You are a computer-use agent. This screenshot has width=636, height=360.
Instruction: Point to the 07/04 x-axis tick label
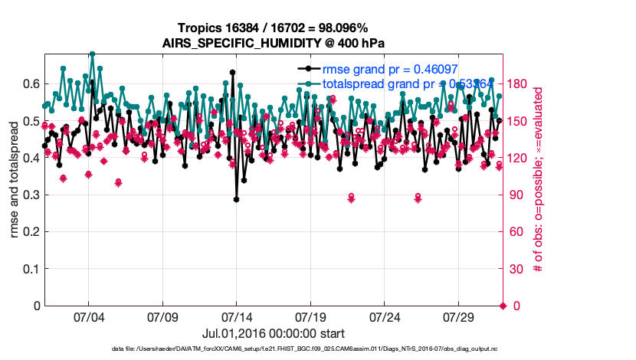pos(88,316)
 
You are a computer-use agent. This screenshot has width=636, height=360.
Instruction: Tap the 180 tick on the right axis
pos(516,83)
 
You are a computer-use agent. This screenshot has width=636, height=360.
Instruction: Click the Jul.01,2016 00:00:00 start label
pos(273,333)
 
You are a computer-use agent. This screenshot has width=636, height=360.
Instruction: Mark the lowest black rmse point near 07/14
pos(237,199)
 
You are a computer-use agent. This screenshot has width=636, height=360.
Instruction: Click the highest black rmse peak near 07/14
pos(232,72)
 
